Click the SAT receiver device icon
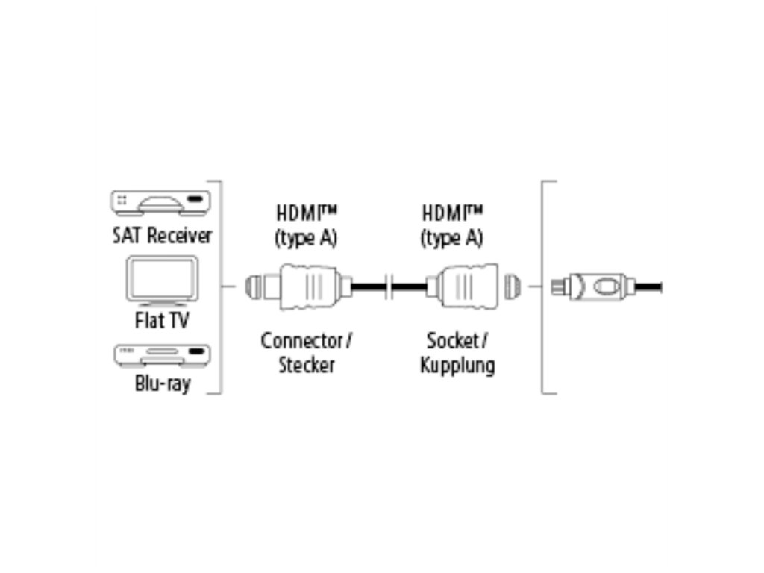(160, 203)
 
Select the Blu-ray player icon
(160, 355)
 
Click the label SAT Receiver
(162, 236)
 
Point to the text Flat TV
(162, 321)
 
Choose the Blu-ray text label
(162, 384)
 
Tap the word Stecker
(306, 366)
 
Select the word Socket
(452, 341)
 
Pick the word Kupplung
(457, 366)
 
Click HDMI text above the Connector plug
(301, 213)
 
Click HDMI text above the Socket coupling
(448, 213)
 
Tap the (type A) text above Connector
(306, 238)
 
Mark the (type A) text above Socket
(451, 238)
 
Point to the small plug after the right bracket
(593, 286)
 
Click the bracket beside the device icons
(218, 286)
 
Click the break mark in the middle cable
(388, 286)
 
